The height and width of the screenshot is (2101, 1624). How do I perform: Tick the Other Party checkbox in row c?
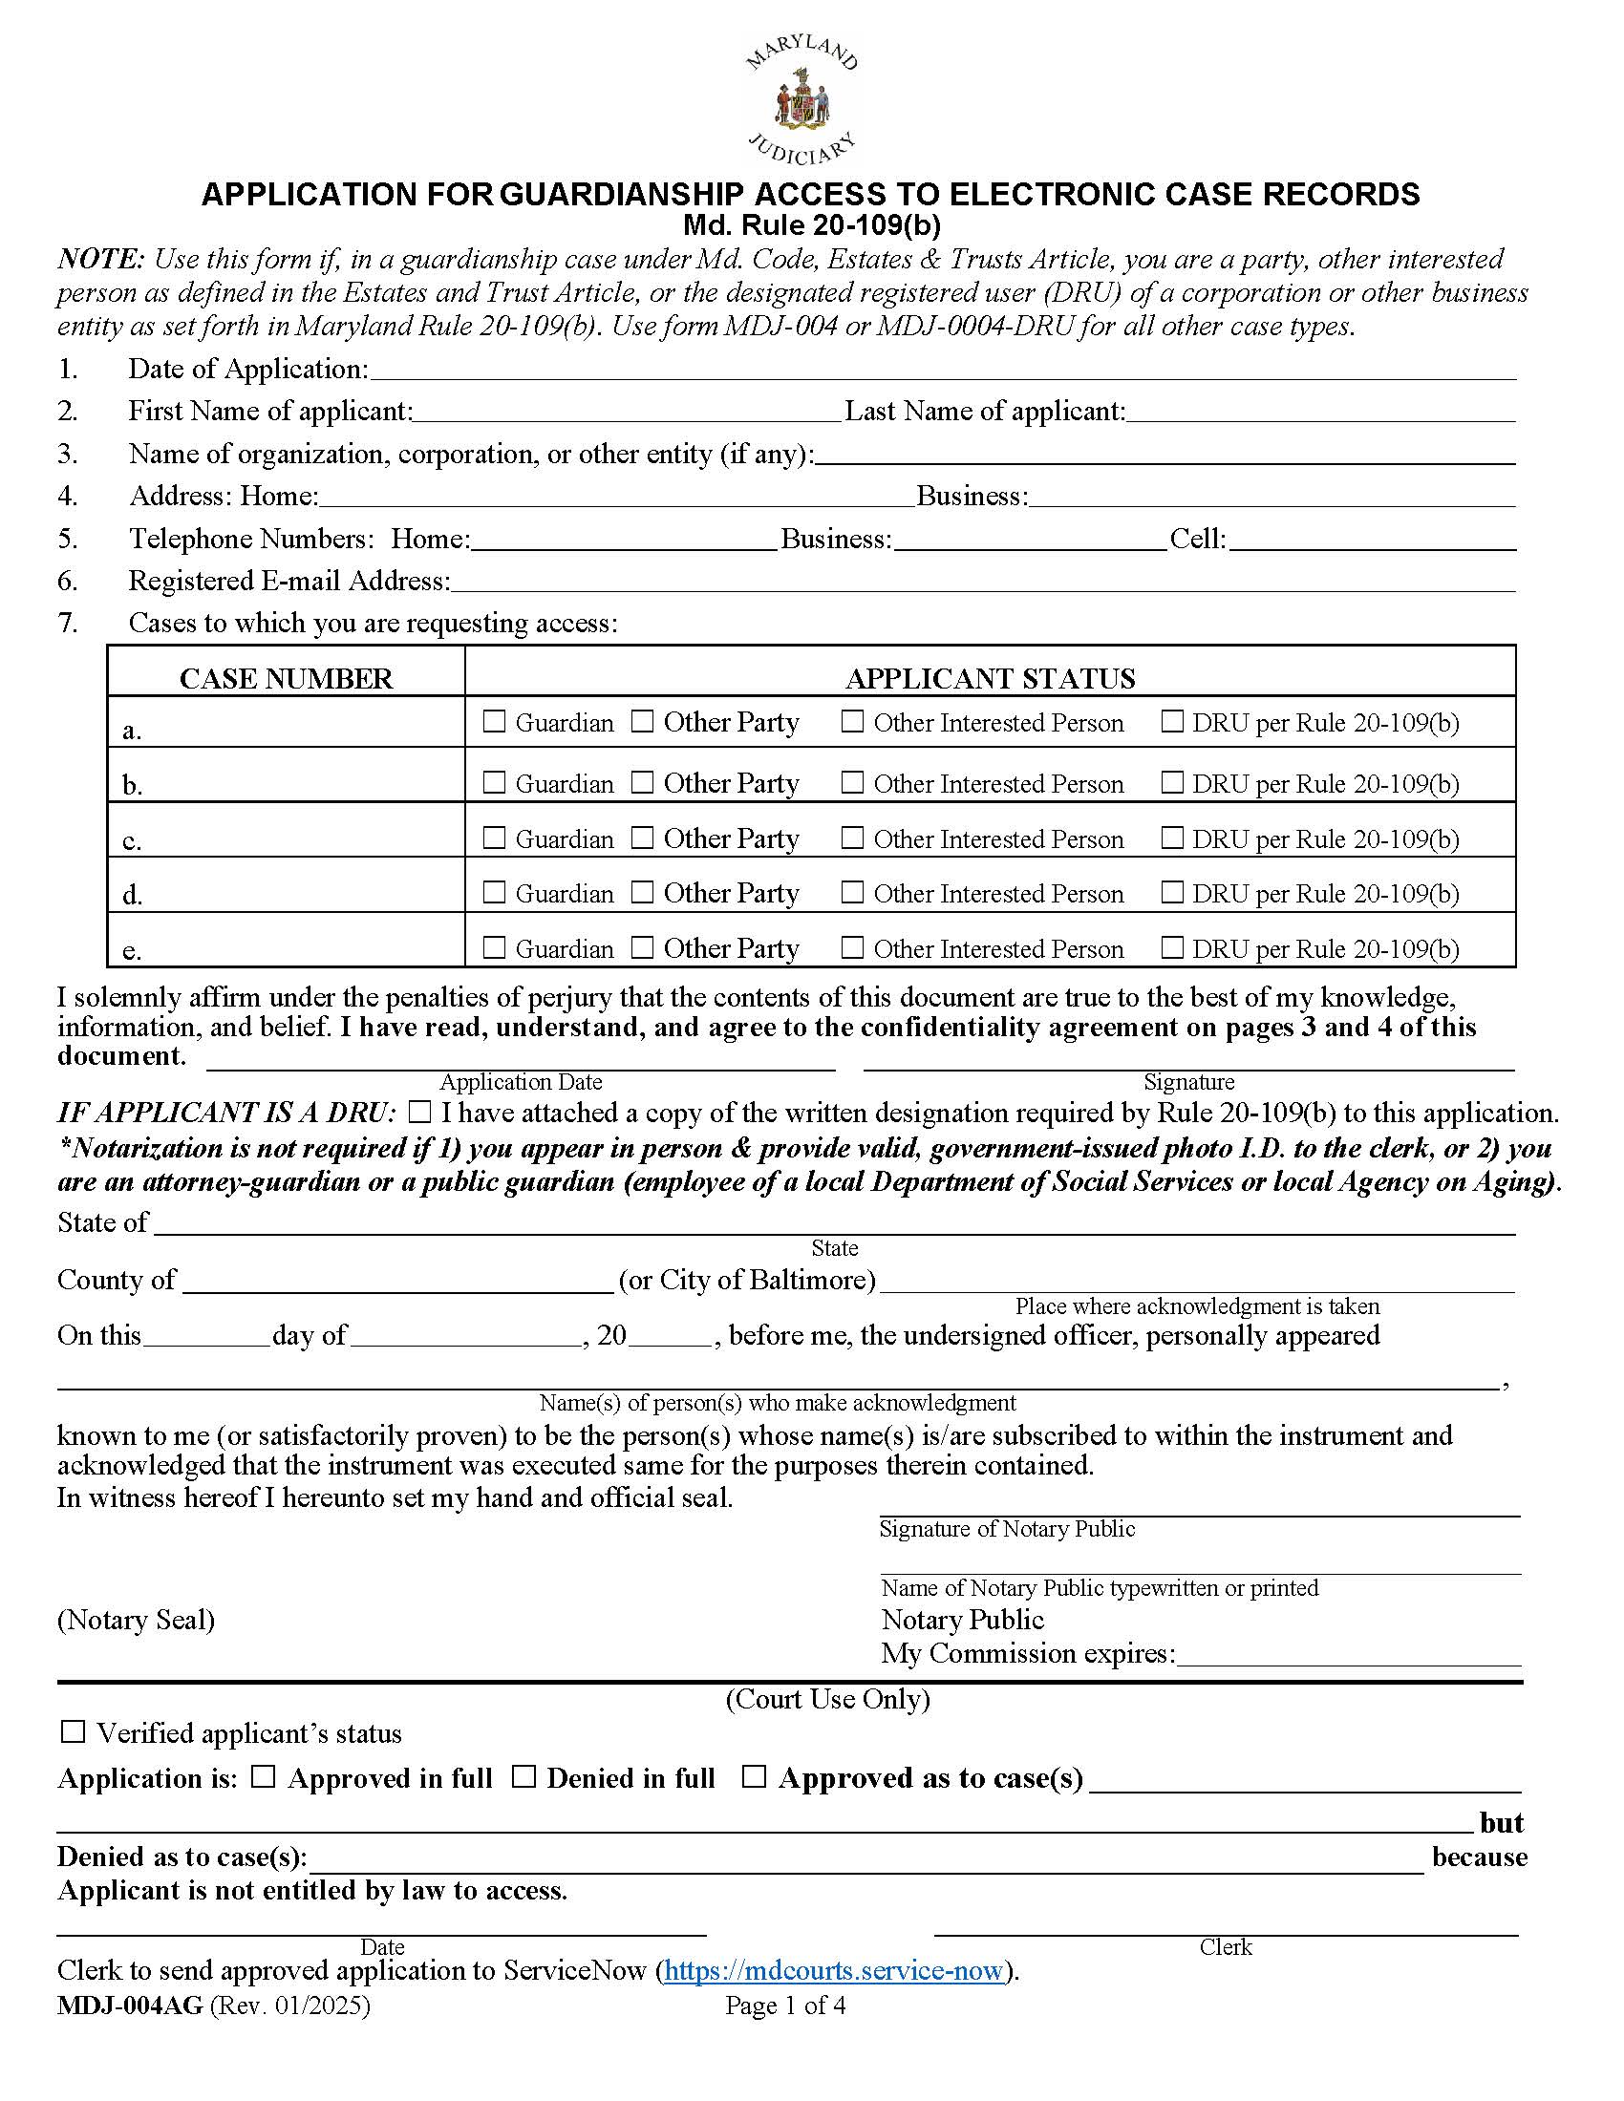pyautogui.click(x=642, y=838)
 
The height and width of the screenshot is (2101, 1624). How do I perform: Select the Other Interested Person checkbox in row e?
pyautogui.click(x=851, y=947)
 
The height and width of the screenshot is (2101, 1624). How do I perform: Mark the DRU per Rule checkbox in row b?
pyautogui.click(x=1171, y=782)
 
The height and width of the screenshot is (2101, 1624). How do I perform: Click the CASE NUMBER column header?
pyautogui.click(x=286, y=678)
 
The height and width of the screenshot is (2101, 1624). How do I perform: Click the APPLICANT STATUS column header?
pyautogui.click(x=990, y=678)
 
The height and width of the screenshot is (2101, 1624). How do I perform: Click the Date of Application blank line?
pyautogui.click(x=943, y=371)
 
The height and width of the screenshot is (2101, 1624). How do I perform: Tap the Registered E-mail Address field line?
pyautogui.click(x=981, y=582)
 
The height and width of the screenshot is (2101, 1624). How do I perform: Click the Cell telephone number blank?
pyautogui.click(x=1372, y=541)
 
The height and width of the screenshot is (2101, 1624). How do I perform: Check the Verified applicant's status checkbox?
pyautogui.click(x=74, y=1732)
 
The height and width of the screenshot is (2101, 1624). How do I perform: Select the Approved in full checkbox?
pyautogui.click(x=264, y=1777)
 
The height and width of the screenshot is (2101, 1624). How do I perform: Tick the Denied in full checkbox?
pyautogui.click(x=524, y=1777)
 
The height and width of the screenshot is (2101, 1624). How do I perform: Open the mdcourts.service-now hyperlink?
pyautogui.click(x=833, y=1970)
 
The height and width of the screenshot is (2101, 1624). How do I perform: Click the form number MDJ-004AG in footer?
pyautogui.click(x=130, y=2005)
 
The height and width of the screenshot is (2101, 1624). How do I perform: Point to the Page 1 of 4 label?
pyautogui.click(x=785, y=2005)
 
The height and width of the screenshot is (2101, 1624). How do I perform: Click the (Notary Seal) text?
pyautogui.click(x=136, y=1620)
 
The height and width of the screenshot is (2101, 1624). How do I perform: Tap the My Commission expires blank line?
pyautogui.click(x=1349, y=1655)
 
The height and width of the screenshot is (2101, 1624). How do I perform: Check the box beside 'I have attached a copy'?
pyautogui.click(x=419, y=1113)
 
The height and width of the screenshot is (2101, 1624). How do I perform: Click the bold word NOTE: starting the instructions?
pyautogui.click(x=101, y=259)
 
